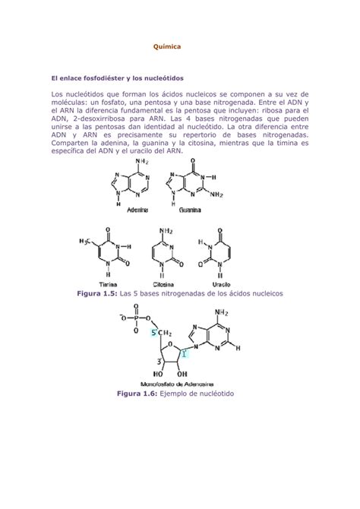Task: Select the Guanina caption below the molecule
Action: pyautogui.click(x=189, y=210)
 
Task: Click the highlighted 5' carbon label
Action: pyautogui.click(x=156, y=333)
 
